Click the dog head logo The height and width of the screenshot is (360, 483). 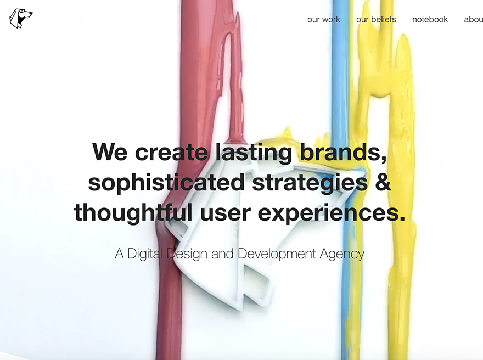tap(20, 18)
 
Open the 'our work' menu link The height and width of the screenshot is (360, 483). tap(324, 19)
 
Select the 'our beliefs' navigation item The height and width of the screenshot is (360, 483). tap(376, 19)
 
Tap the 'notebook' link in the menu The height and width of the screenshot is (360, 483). tap(430, 19)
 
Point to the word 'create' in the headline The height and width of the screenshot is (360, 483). tap(171, 151)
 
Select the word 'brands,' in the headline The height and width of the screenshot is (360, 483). tap(342, 151)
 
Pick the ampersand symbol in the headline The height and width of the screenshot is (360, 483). tap(382, 182)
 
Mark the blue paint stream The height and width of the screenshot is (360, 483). tap(340, 82)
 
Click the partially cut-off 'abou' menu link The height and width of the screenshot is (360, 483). tap(473, 19)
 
